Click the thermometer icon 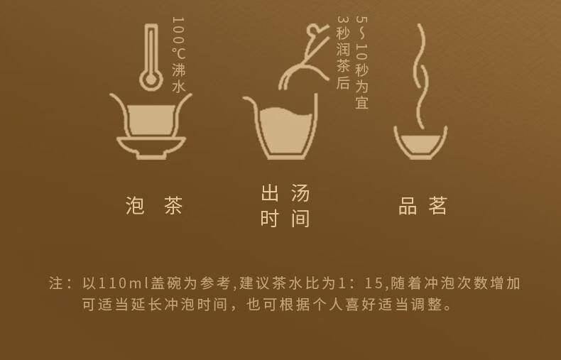(x=151, y=58)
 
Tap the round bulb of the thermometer (x=151, y=80)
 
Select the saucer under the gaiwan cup (x=151, y=146)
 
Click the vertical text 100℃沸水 (x=178, y=55)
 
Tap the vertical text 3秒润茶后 (x=343, y=53)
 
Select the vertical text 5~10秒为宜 (x=361, y=62)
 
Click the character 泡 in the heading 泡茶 (x=135, y=205)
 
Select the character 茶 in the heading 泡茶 (x=173, y=205)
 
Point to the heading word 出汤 (x=285, y=193)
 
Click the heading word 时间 (x=285, y=218)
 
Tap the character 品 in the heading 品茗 (x=408, y=205)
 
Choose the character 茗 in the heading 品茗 (x=437, y=205)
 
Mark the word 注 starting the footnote (x=56, y=283)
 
